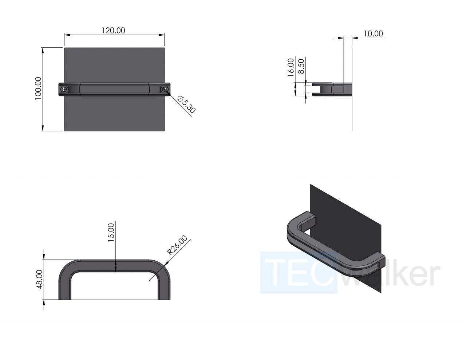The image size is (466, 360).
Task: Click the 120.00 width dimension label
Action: coord(113,31)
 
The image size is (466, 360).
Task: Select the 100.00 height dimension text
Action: coord(38,88)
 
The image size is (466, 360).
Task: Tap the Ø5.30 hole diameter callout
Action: coord(186,104)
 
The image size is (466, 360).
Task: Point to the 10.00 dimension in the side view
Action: coord(373,33)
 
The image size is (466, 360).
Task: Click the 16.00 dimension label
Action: coord(291,67)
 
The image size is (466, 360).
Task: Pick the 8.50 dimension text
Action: coord(301,66)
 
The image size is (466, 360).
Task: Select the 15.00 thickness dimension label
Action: coord(111,233)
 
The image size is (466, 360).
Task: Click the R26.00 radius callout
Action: coord(177,245)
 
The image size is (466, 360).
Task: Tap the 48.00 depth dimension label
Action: coord(40,279)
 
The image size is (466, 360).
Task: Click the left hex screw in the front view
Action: coord(64,89)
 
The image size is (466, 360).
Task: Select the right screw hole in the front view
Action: coord(165,89)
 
